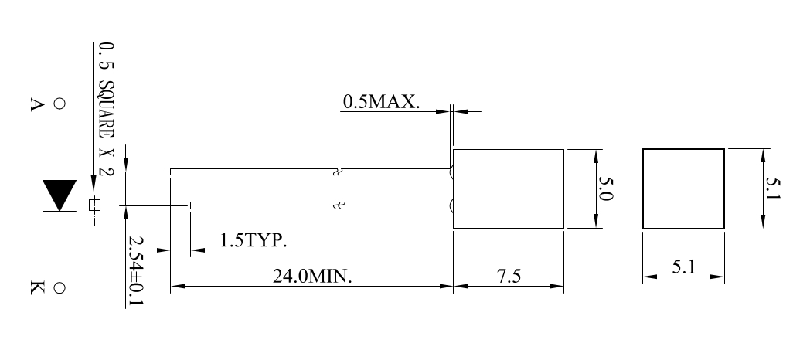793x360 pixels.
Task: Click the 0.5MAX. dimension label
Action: pyautogui.click(x=381, y=102)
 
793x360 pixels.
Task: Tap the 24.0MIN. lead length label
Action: pyautogui.click(x=312, y=276)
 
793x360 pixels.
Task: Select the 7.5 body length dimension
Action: pyautogui.click(x=509, y=276)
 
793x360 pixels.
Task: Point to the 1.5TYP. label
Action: pyautogui.click(x=254, y=239)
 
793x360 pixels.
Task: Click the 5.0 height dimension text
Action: pyautogui.click(x=605, y=188)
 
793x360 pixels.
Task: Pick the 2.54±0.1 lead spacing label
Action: pyautogui.click(x=135, y=270)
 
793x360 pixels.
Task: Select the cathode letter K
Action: pyautogui.click(x=37, y=287)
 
